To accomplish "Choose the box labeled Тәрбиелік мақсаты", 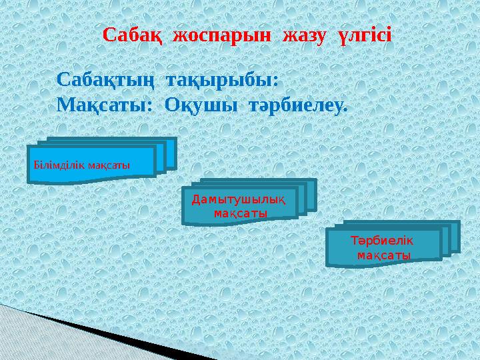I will tap(383, 247).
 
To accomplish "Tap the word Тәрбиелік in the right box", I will tap(383, 241).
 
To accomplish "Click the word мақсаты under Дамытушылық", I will tap(241, 213).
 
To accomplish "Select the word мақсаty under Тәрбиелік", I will tap(383, 255).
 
